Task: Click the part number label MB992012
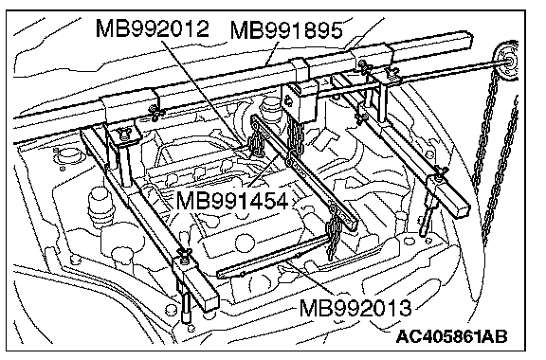tap(153, 28)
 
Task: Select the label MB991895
tap(286, 30)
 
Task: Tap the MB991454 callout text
tap(232, 201)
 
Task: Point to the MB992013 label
tap(355, 308)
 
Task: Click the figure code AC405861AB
tap(451, 336)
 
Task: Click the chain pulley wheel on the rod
tap(506, 63)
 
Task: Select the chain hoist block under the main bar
tap(300, 101)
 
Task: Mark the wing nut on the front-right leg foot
tap(440, 173)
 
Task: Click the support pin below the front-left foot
tap(185, 306)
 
